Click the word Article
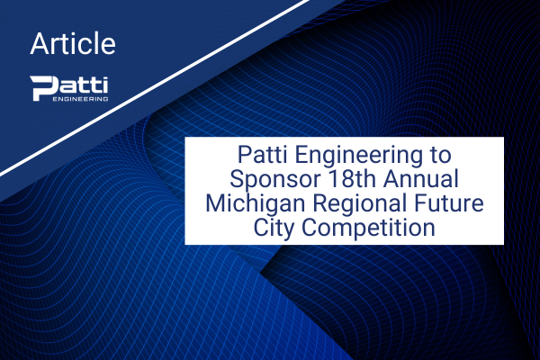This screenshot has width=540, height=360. point(73,44)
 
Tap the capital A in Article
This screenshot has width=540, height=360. point(39,44)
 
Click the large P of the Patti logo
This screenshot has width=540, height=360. point(43,88)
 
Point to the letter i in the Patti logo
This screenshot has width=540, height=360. point(104,85)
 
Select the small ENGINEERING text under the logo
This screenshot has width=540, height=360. point(81,99)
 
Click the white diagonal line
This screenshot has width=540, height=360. point(154,88)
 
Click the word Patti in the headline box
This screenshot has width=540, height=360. point(262,155)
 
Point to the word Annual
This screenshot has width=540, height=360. point(421,179)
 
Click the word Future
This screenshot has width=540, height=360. point(449,202)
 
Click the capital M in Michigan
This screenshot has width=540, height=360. point(214,202)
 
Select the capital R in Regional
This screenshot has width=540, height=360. point(319,202)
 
